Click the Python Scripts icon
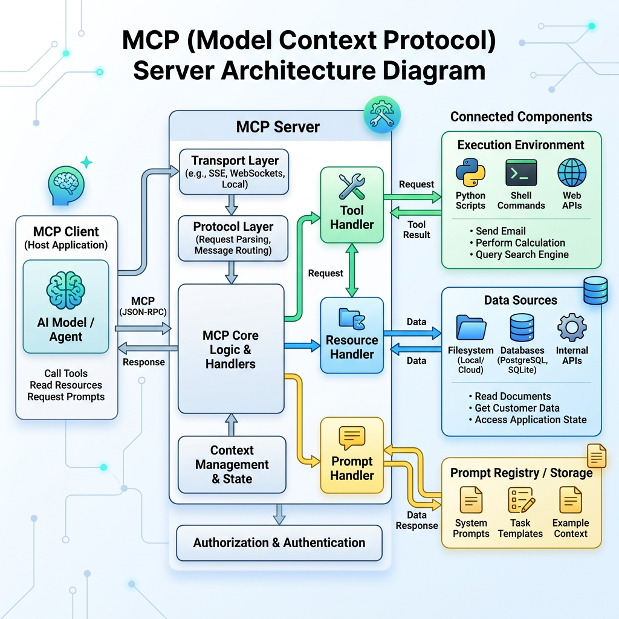coord(470,172)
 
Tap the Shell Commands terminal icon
coord(521,173)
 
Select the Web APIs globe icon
coord(571,172)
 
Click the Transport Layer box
coord(235,172)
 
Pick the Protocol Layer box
coord(233,238)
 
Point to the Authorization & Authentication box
coord(279,542)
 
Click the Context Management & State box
coord(232,464)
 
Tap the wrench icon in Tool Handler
coord(352,187)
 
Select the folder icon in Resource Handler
coord(352,319)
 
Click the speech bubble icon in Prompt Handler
coord(352,438)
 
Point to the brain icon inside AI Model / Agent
coord(65,290)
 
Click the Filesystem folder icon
coord(471,328)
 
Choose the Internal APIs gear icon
coord(571,328)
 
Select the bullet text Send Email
coord(500,231)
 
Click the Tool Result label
coord(416,229)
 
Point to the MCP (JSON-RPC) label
coord(143,306)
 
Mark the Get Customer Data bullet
coord(517,408)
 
